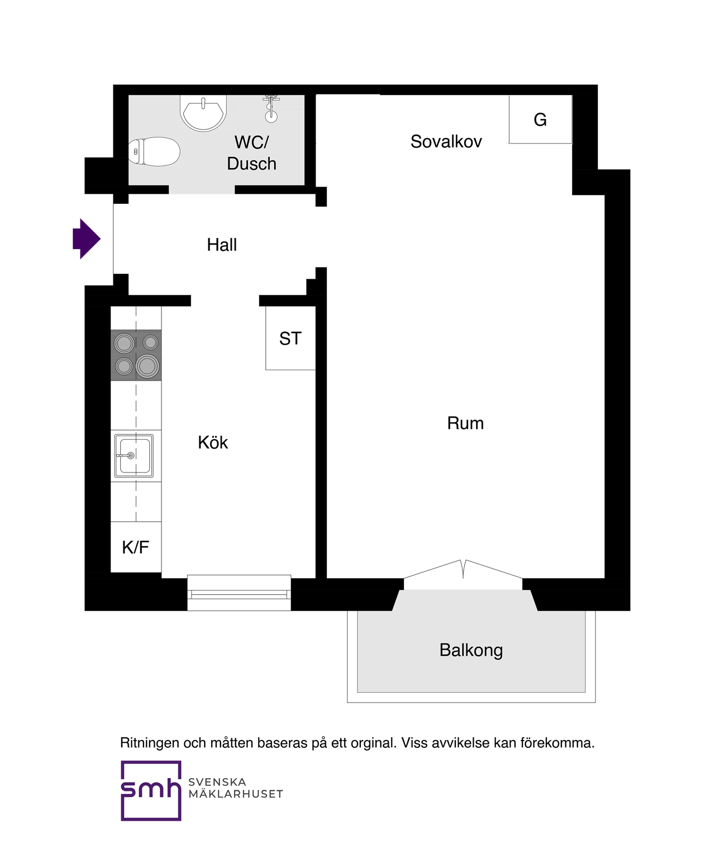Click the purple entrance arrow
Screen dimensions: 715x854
coord(87,239)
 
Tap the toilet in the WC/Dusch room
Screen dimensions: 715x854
coord(154,151)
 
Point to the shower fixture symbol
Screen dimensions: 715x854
coord(271,109)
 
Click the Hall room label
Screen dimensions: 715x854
coord(222,245)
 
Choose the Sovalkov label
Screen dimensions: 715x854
coord(446,141)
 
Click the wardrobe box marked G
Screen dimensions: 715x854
coord(540,120)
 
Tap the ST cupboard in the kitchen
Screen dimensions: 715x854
coord(290,338)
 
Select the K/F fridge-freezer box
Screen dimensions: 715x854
coord(136,547)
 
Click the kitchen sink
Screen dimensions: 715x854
coord(134,456)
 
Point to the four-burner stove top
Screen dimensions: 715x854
coord(136,355)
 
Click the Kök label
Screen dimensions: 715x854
coord(213,442)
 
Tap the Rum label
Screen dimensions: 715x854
coord(465,423)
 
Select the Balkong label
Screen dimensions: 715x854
coord(471,650)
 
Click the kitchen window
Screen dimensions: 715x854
coord(239,593)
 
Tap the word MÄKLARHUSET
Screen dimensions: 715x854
coord(236,794)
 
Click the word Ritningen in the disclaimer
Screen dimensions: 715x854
coord(149,742)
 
